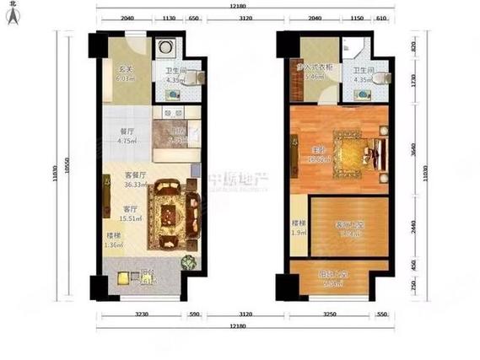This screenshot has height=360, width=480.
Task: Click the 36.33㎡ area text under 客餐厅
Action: pyautogui.click(x=113, y=186)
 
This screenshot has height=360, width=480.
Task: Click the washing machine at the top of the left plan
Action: pyautogui.click(x=164, y=48)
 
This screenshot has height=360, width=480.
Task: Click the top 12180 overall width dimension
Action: pyautogui.click(x=237, y=8)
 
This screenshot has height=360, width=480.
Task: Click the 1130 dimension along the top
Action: pyautogui.click(x=168, y=17)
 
